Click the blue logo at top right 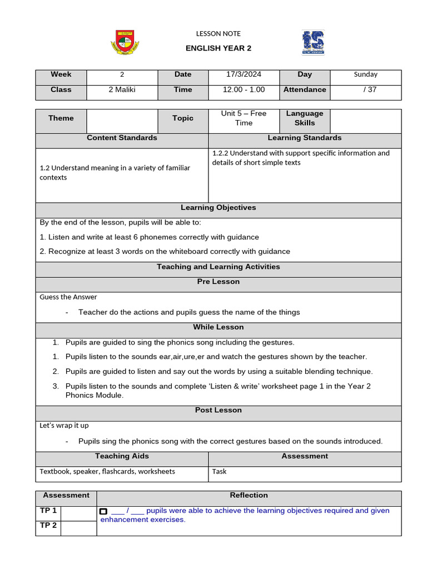tap(313, 43)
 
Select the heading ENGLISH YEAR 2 tap(219, 48)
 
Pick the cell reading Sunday tap(365, 74)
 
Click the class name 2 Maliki tap(122, 89)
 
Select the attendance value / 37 tap(365, 89)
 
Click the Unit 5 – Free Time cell tap(244, 118)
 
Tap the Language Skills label tap(305, 118)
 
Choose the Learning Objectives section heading tap(219, 208)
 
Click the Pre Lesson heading tap(219, 282)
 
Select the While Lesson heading tap(219, 327)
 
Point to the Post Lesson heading tap(219, 410)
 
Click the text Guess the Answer tap(68, 297)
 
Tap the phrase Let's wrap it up tap(64, 426)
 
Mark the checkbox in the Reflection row tap(103, 511)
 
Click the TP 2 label tap(48, 525)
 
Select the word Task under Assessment tap(220, 471)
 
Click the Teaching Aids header tap(122, 456)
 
